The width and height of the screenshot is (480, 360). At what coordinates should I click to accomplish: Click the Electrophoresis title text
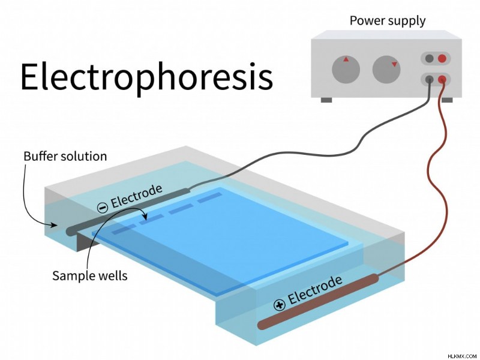tap(146, 77)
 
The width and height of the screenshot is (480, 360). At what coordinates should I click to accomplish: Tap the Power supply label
tap(388, 21)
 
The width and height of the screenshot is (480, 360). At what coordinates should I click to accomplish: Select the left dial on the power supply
tap(346, 69)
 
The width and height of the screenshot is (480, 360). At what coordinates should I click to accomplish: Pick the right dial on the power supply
tap(386, 69)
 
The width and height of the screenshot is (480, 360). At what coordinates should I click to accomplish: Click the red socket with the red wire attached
tap(442, 80)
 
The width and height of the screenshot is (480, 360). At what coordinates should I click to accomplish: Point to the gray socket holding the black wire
tap(430, 80)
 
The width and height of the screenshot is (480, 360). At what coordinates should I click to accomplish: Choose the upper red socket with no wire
tap(442, 58)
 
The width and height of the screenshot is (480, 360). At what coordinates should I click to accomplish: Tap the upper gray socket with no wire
tap(430, 58)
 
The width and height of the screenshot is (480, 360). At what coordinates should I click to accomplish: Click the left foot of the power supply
tap(326, 100)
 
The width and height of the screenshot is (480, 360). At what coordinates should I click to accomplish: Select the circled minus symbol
tap(103, 208)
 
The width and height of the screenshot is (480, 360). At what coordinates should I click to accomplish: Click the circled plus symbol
tap(279, 305)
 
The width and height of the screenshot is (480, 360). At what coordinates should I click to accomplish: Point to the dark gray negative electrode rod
tap(128, 212)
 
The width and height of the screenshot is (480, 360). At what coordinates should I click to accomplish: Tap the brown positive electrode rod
tap(318, 302)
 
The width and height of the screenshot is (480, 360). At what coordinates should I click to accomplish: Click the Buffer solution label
tap(65, 157)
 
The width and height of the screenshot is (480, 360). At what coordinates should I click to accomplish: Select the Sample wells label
tap(89, 275)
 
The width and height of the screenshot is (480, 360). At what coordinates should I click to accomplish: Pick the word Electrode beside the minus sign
tap(136, 196)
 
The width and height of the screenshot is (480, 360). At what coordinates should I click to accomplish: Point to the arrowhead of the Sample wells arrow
tap(145, 217)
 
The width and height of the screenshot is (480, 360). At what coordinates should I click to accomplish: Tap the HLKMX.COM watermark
tap(462, 356)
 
